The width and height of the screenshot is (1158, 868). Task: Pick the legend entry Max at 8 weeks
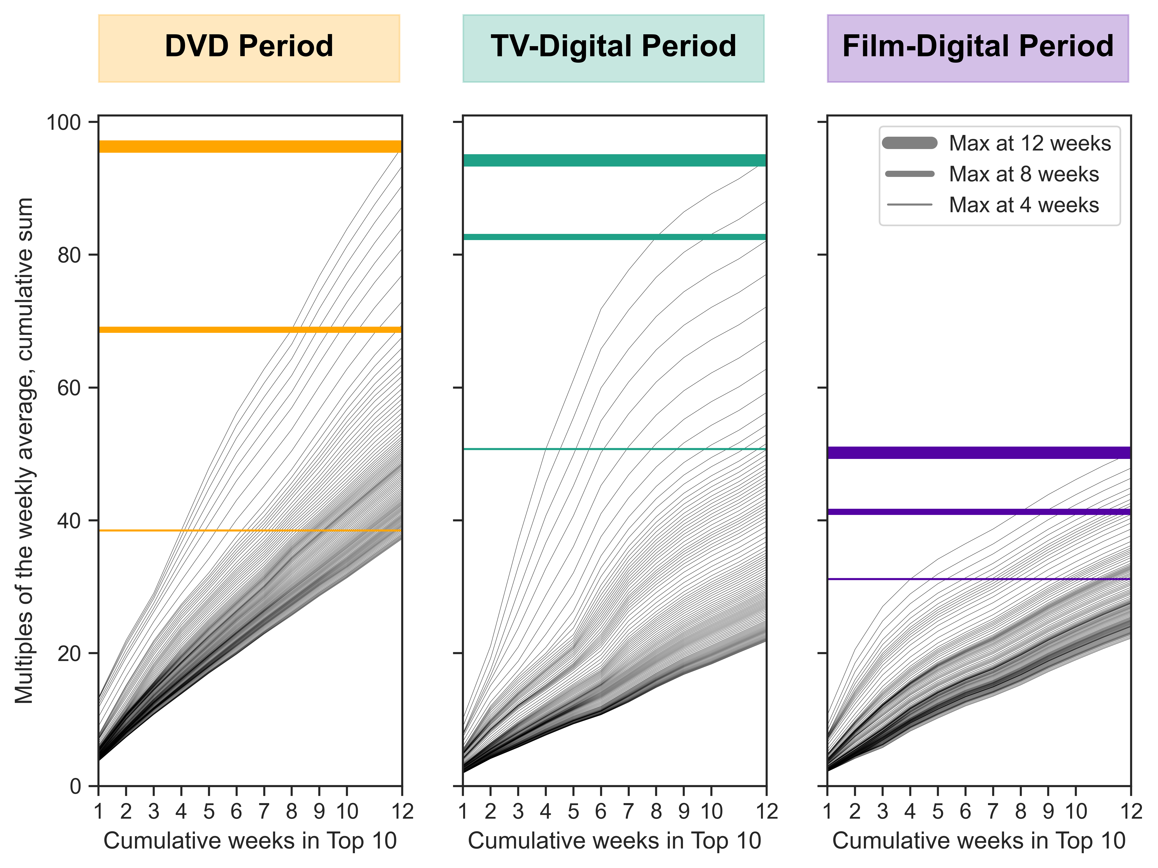(1024, 174)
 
